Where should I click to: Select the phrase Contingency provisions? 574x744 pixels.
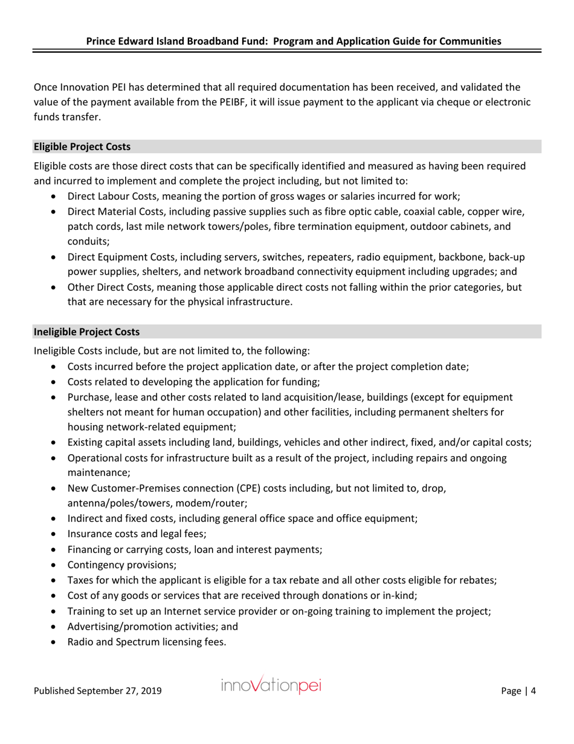point(122,565)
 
